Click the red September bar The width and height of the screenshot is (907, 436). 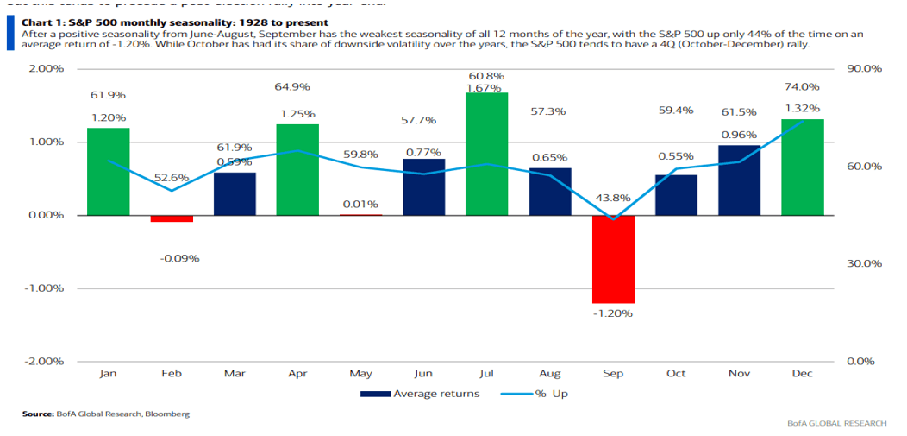613,259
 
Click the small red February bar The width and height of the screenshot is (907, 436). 172,218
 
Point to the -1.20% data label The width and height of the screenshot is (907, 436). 613,313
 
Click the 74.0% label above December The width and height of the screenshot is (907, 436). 802,87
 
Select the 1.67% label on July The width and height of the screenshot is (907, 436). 484,88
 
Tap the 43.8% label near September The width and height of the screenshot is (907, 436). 613,198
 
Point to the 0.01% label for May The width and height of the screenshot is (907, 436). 360,204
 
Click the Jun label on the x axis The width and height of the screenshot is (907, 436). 423,374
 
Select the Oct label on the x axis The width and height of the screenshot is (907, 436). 676,374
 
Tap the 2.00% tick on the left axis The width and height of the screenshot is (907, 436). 47,68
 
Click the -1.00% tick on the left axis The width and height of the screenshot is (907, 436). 47,288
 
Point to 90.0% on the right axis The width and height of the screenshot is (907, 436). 863,68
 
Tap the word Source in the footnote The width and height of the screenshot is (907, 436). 38,414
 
